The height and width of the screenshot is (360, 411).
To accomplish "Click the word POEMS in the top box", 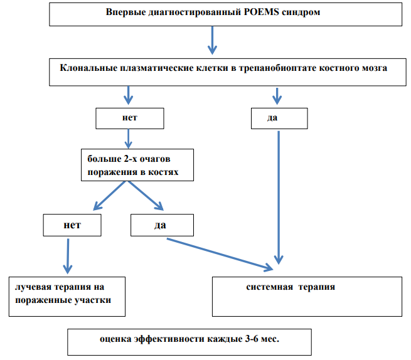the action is click(x=261, y=12).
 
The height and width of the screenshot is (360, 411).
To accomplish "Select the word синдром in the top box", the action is click(x=301, y=13).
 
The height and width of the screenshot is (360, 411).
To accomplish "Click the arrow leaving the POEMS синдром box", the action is click(x=212, y=40).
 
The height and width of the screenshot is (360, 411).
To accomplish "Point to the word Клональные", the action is click(x=88, y=68).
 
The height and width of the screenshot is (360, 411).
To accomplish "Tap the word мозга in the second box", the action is click(x=375, y=68).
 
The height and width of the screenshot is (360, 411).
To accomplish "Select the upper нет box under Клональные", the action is click(x=130, y=119).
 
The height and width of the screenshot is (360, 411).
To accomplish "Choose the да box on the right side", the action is click(x=279, y=119).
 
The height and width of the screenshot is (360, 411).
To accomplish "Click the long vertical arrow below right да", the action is click(x=279, y=198).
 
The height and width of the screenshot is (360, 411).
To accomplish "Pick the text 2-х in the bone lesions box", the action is click(x=130, y=159).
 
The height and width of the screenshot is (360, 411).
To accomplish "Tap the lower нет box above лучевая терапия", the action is click(x=72, y=225).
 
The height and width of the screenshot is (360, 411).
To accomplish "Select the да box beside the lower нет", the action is click(x=162, y=225).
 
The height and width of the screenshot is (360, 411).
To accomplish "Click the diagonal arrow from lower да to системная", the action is click(x=220, y=255).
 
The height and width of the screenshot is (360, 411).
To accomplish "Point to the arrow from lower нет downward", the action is click(x=68, y=257).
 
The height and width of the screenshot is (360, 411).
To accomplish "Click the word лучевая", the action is click(x=33, y=287).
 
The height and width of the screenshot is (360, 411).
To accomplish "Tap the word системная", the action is click(x=269, y=287).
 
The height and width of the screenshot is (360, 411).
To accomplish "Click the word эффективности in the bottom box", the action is click(x=169, y=339).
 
